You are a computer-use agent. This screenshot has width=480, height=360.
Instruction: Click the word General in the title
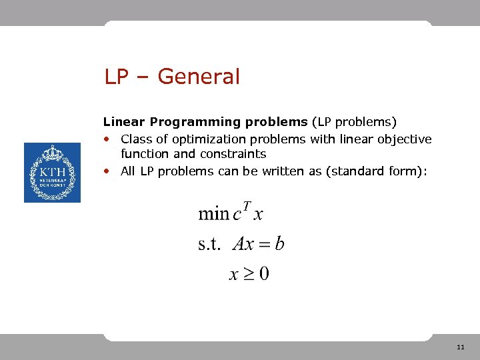pyautogui.click(x=199, y=77)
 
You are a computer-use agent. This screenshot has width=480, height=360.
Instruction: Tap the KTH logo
pyautogui.click(x=52, y=173)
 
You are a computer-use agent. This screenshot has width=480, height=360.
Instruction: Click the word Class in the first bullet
pyautogui.click(x=135, y=139)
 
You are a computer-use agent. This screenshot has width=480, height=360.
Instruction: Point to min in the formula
pyautogui.click(x=213, y=214)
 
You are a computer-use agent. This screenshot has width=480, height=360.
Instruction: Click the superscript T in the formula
pyautogui.click(x=247, y=206)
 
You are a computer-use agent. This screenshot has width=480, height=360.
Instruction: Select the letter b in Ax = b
pyautogui.click(x=280, y=243)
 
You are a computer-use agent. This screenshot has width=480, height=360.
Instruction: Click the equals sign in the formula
pyautogui.click(x=263, y=245)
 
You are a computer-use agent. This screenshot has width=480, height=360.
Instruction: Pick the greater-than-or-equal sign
pyautogui.click(x=248, y=274)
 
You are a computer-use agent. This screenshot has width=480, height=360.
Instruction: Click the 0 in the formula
pyautogui.click(x=264, y=273)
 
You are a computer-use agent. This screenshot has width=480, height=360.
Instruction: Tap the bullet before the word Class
pyautogui.click(x=107, y=140)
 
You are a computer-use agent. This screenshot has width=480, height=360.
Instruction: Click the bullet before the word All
pyautogui.click(x=107, y=172)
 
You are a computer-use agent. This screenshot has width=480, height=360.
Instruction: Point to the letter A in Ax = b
pyautogui.click(x=238, y=244)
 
